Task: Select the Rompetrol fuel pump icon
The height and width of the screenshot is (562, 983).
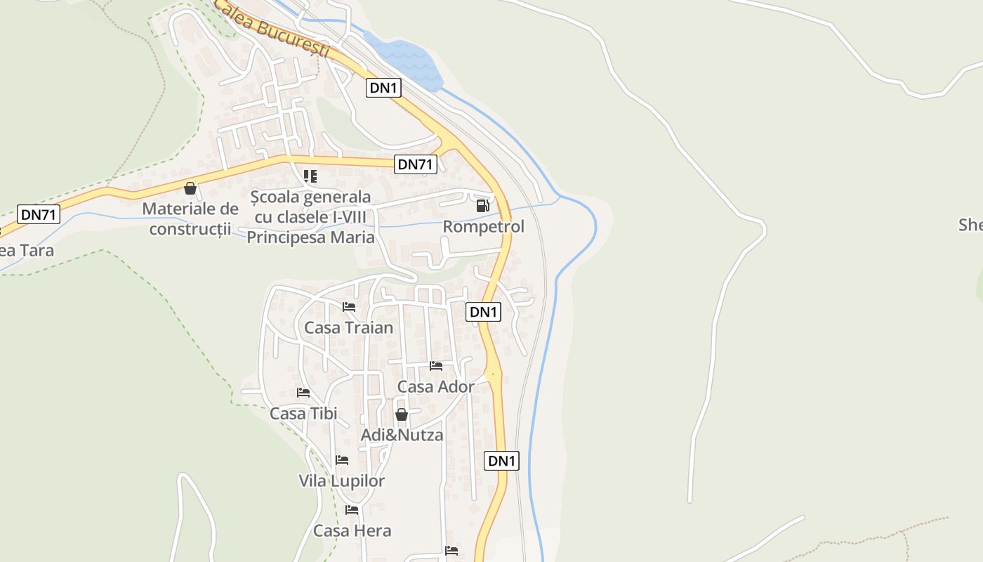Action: pyautogui.click(x=482, y=206)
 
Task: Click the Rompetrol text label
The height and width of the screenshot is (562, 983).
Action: pyautogui.click(x=483, y=227)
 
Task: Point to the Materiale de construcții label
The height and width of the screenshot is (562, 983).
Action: pyautogui.click(x=190, y=218)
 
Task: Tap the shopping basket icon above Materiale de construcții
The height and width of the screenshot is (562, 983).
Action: pyautogui.click(x=190, y=188)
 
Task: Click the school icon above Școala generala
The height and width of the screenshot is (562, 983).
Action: pyautogui.click(x=310, y=176)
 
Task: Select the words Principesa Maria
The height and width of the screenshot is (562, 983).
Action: pyautogui.click(x=310, y=237)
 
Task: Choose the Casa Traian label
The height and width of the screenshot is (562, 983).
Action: pyautogui.click(x=348, y=327)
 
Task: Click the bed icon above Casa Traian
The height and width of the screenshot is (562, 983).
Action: pyautogui.click(x=348, y=307)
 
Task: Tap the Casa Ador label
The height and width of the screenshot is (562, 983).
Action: pyautogui.click(x=435, y=386)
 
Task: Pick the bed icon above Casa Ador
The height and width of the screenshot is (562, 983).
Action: pyautogui.click(x=435, y=366)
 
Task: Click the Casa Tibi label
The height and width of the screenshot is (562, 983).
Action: pyautogui.click(x=303, y=413)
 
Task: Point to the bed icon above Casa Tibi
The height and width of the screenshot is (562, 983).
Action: pyautogui.click(x=303, y=392)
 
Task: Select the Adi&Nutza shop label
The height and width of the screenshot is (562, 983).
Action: pyautogui.click(x=402, y=435)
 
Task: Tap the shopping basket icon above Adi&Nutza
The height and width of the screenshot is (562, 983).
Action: pyautogui.click(x=401, y=414)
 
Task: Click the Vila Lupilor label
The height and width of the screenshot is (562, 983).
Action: pyautogui.click(x=342, y=481)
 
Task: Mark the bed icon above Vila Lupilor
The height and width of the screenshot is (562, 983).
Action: pyautogui.click(x=342, y=460)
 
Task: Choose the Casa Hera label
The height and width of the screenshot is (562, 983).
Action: pyautogui.click(x=352, y=530)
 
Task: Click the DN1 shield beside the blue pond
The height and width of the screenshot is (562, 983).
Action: pyautogui.click(x=383, y=88)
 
